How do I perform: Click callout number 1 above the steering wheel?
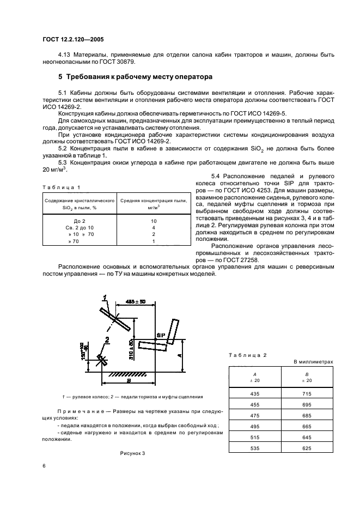click(x=105, y=297)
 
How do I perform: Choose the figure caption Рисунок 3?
click(x=133, y=453)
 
